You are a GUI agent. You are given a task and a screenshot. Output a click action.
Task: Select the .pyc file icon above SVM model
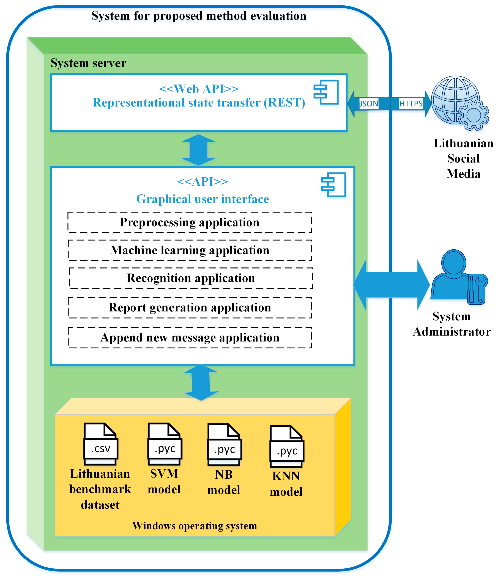[165, 444]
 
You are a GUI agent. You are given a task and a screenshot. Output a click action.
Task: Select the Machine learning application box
[190, 250]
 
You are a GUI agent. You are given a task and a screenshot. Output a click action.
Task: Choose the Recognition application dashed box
[191, 278]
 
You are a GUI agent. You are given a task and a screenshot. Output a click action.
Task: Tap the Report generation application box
[190, 307]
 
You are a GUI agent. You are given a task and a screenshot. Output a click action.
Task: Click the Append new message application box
[190, 337]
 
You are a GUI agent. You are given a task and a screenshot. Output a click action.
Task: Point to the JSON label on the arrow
[369, 104]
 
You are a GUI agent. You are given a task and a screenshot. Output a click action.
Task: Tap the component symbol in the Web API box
[326, 92]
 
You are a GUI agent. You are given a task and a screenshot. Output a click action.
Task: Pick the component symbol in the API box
[333, 185]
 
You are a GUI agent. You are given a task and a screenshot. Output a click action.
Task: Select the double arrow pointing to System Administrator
[392, 285]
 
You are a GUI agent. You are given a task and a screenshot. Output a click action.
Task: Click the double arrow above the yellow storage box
[201, 382]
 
